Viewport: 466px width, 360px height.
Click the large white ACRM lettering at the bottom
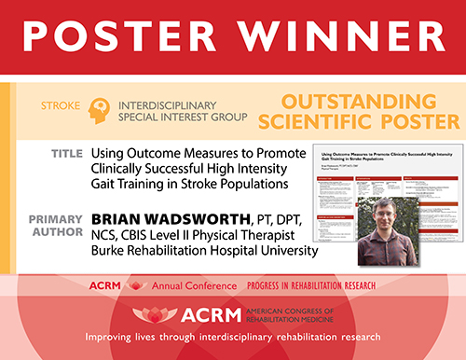click(198, 317)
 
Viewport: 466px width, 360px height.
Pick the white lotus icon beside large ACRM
click(150, 315)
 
